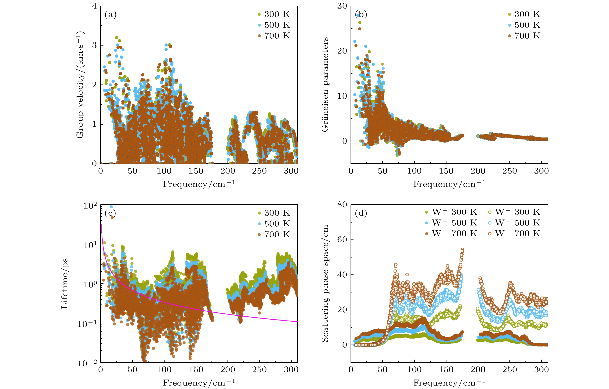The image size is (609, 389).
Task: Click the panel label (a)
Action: pos(110,15)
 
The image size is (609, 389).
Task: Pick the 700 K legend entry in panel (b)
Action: pos(524,36)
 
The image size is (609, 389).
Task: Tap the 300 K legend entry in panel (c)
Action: pos(274,213)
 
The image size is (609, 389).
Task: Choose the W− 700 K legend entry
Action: pos(514,233)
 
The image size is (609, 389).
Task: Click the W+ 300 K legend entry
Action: pos(451,212)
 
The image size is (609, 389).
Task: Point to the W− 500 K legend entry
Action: pos(514,223)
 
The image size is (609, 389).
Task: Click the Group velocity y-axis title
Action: pos(80,85)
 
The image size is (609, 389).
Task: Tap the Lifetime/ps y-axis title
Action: pos(65,283)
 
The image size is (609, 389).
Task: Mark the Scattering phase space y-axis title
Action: pos(325,283)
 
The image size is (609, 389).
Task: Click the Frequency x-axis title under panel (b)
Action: pos(449,184)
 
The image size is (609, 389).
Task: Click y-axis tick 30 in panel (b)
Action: pos(342,6)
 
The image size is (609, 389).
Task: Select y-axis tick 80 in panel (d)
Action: pos(342,205)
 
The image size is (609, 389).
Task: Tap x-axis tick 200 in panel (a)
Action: pos(228,171)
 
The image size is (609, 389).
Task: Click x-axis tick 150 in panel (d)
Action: pos(446,370)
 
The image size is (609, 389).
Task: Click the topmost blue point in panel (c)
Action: pos(111,207)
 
